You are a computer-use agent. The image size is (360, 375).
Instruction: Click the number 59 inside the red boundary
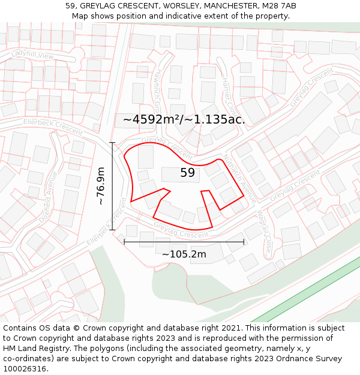click(x=187, y=173)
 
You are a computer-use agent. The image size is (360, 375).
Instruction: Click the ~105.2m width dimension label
click(x=184, y=254)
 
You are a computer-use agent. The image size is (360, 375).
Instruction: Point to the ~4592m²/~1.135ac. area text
click(x=184, y=119)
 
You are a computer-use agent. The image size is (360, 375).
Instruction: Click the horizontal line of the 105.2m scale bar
click(x=184, y=242)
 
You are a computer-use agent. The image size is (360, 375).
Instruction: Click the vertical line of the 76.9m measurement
click(x=112, y=186)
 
